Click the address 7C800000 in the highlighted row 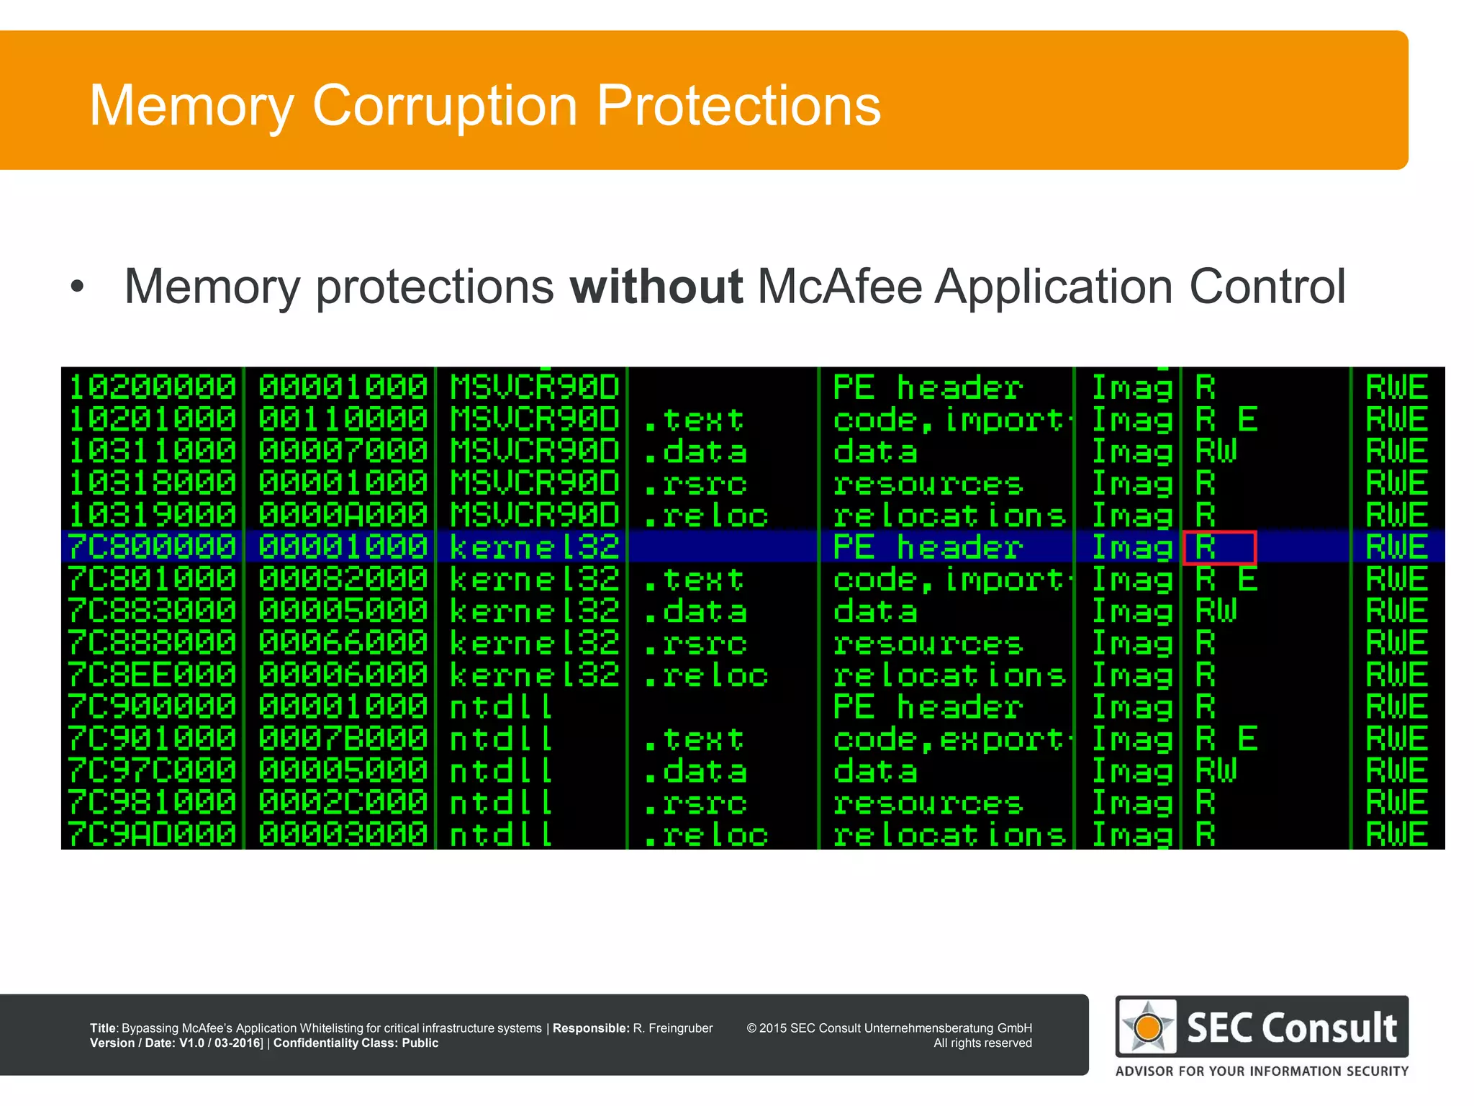pos(152,547)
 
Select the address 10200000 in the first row pos(152,387)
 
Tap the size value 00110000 pos(343,419)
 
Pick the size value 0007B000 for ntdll pos(343,739)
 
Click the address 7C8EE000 pos(152,675)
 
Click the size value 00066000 pos(343,643)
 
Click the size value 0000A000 pos(343,515)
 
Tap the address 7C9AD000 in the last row pos(152,835)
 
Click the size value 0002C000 pos(343,803)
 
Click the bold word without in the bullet pos(656,287)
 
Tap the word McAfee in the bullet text pos(840,287)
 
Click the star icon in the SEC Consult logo pos(1148,1026)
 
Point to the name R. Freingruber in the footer pos(672,1028)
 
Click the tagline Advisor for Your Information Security pos(1262,1071)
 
